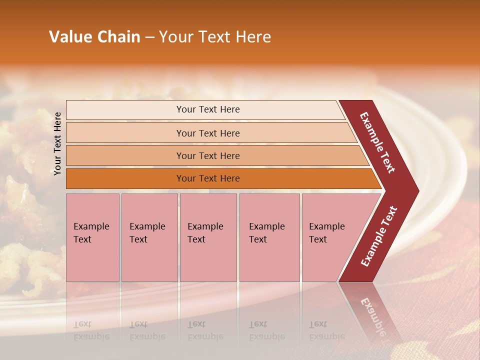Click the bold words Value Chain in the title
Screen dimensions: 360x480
[94, 37]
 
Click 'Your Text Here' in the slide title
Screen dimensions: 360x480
[215, 37]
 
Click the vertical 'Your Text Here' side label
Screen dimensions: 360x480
[58, 143]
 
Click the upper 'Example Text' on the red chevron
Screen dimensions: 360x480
[377, 142]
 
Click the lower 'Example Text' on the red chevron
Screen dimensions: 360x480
[379, 236]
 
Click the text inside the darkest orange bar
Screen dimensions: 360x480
[208, 178]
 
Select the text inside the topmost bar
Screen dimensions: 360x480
[208, 109]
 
